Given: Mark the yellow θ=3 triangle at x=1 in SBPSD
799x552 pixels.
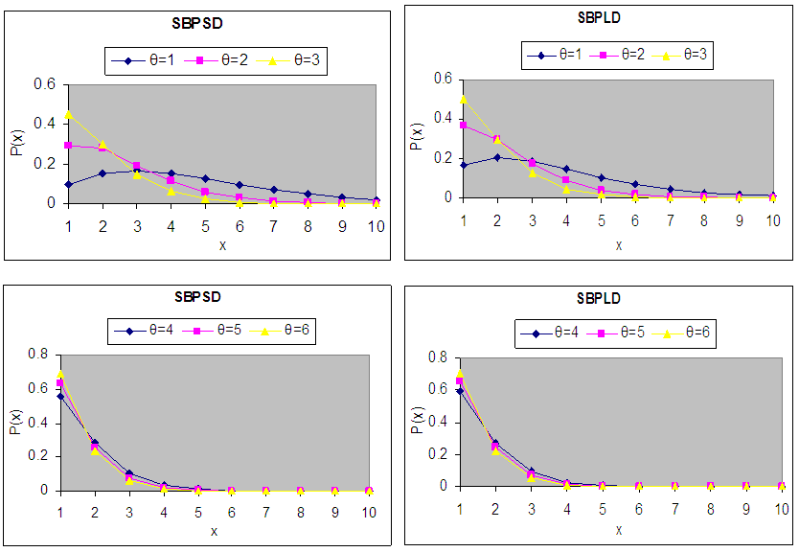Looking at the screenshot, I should click(68, 114).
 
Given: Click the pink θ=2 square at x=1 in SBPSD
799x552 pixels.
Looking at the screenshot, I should click(68, 146).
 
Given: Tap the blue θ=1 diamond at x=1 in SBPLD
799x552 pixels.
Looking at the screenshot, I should click(465, 165).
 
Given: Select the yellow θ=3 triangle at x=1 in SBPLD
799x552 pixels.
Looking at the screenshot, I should click(465, 99).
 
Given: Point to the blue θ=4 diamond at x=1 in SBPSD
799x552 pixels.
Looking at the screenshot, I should click(60, 396).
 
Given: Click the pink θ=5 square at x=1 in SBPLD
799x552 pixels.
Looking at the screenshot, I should click(459, 381).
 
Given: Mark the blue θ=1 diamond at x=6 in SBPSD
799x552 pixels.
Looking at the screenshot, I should click(240, 184).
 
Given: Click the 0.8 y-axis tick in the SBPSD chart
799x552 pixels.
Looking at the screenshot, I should click(39, 355).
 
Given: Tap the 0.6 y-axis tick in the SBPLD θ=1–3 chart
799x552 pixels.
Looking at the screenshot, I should click(442, 79).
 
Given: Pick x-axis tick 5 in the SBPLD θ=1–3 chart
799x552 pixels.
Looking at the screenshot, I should click(600, 219).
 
